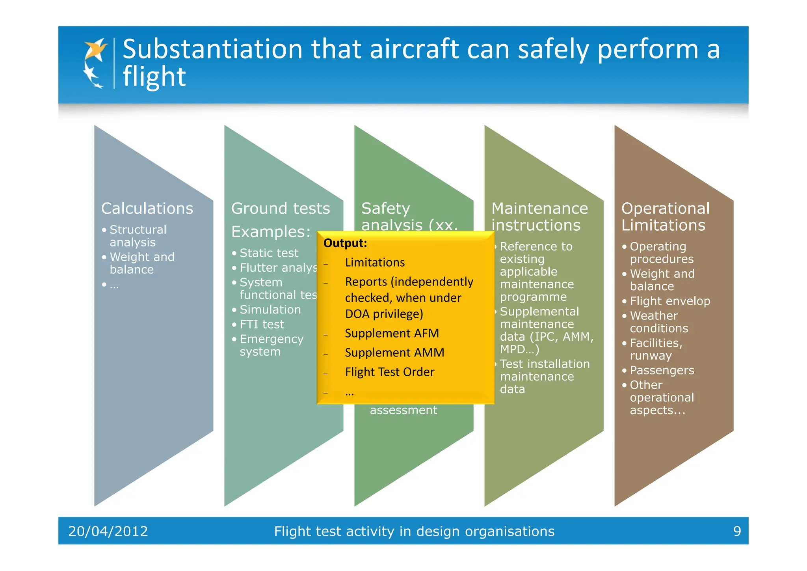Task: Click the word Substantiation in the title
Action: [212, 50]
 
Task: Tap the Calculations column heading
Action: [147, 208]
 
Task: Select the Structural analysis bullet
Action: [138, 236]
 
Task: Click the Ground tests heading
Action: [280, 208]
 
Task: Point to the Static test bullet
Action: [269, 253]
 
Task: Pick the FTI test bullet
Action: [262, 324]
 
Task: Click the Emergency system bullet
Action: [271, 345]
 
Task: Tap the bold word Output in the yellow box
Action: [345, 243]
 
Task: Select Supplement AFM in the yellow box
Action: [392, 333]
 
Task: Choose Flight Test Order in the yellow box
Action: [389, 372]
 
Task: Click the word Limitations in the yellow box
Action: [375, 262]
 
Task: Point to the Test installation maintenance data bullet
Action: [544, 376]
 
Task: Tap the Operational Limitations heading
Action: [665, 216]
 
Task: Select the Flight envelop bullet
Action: [669, 301]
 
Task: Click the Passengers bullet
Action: [662, 370]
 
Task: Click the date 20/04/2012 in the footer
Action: [108, 531]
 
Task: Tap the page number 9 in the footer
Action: [737, 531]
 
